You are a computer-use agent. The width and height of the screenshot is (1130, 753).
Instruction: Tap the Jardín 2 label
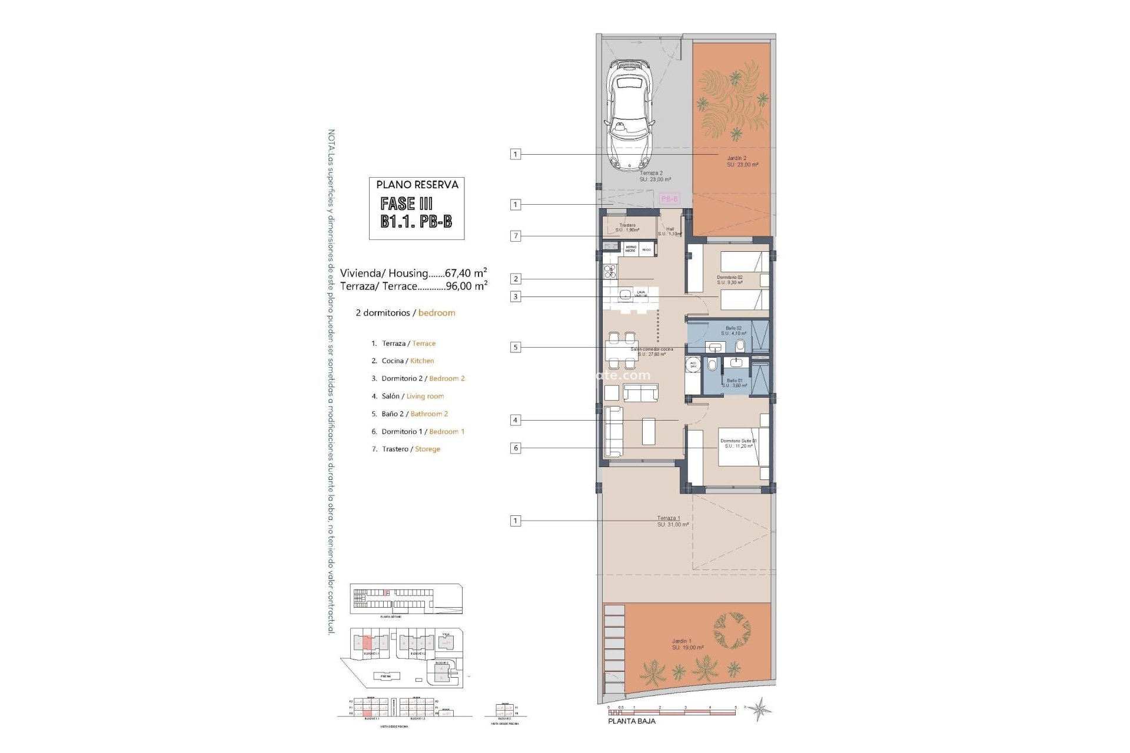(x=736, y=158)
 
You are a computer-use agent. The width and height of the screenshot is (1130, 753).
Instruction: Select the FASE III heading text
(x=407, y=204)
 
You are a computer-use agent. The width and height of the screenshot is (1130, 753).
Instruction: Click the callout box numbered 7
(x=516, y=236)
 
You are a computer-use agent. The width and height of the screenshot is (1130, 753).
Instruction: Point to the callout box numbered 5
(x=516, y=347)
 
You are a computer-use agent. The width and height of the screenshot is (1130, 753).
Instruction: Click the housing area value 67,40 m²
(x=466, y=273)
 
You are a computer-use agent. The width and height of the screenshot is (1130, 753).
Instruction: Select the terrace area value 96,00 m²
(x=467, y=286)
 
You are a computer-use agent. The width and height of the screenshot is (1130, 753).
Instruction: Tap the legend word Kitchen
(x=422, y=361)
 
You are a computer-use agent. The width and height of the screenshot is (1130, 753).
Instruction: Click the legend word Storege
(x=427, y=449)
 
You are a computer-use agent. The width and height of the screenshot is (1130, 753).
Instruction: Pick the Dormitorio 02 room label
(x=729, y=277)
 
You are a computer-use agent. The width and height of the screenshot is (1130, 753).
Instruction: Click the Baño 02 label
(x=733, y=328)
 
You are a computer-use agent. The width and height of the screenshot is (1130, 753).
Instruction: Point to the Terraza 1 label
(x=669, y=518)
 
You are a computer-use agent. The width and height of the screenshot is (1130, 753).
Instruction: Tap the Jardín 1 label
(x=682, y=641)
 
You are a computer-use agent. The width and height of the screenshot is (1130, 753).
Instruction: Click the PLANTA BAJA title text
(x=632, y=721)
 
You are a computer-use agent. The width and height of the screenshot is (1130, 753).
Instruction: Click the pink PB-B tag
(x=670, y=199)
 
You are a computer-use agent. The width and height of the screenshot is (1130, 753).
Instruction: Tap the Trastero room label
(x=627, y=225)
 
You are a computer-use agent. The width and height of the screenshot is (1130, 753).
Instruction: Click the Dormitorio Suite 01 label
(x=738, y=441)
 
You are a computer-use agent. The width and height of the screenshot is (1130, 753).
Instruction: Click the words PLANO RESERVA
(x=417, y=185)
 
